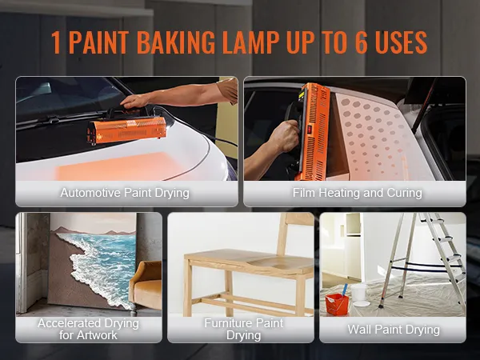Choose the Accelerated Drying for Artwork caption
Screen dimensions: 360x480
(x=88, y=329)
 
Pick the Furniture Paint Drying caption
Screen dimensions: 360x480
(x=243, y=329)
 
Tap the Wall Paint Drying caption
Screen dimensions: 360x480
(x=393, y=329)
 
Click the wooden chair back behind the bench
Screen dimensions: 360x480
(x=295, y=240)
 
